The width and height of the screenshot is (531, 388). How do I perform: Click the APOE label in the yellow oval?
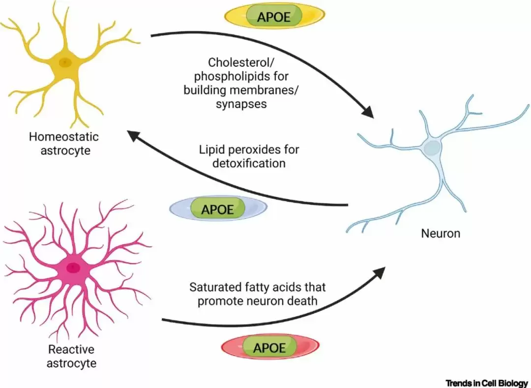pyautogui.click(x=274, y=17)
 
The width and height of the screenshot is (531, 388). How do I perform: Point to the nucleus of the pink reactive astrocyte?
pyautogui.click(x=73, y=268)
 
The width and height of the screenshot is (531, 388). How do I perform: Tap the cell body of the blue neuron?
pyautogui.click(x=432, y=148)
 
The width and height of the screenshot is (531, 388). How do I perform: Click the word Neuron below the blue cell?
pyautogui.click(x=441, y=234)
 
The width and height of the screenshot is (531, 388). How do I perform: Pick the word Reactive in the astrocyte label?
pyautogui.click(x=71, y=350)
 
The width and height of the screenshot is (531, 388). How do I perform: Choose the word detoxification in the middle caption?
pyautogui.click(x=249, y=163)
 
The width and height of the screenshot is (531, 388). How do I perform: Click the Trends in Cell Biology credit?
pyautogui.click(x=487, y=383)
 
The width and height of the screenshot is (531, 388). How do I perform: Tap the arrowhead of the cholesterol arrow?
pyautogui.click(x=368, y=112)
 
